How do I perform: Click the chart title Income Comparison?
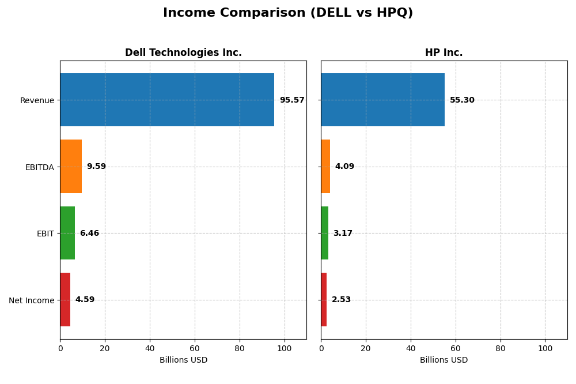[288, 13]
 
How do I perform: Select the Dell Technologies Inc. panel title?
[183, 53]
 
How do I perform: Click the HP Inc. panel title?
[444, 53]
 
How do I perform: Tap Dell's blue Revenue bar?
[167, 100]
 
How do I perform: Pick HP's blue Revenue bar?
[382, 100]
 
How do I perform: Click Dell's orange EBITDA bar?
[71, 167]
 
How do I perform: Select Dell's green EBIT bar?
[67, 233]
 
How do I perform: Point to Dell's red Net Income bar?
[65, 300]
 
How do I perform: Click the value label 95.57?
[292, 100]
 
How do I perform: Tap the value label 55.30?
[462, 100]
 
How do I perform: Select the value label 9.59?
[96, 167]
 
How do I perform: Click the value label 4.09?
[344, 167]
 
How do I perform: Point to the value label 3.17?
[343, 234]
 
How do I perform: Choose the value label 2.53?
[341, 300]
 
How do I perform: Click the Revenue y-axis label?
[37, 100]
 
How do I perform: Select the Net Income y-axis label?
[31, 300]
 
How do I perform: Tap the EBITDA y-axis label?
[39, 167]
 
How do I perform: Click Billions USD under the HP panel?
[444, 360]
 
